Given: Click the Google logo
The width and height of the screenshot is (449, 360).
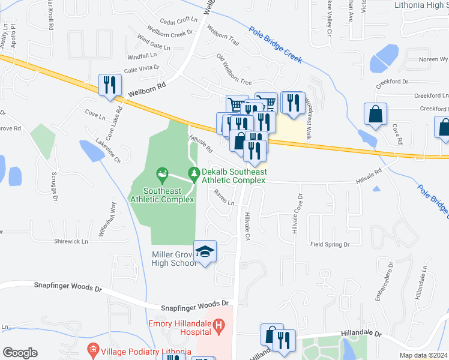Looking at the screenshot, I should coord(20,352).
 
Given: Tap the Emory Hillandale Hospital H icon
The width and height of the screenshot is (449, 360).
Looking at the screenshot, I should coord(218,326).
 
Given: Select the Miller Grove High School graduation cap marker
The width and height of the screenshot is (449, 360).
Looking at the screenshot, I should coord(205,251).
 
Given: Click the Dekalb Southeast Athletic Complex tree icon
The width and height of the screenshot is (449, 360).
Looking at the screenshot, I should coord(193,174).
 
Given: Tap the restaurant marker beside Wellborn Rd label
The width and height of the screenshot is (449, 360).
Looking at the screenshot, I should coord(109,85).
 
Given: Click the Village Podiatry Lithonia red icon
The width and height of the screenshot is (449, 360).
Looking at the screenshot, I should coord(92,349).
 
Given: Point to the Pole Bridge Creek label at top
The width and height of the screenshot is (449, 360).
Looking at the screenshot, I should coord(276,44).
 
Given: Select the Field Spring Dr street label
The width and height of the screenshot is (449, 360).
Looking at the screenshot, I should coord(330,244).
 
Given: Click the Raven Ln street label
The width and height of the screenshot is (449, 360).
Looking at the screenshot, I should coord(224,197).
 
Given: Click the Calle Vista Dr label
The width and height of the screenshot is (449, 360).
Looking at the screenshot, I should coord(142,70).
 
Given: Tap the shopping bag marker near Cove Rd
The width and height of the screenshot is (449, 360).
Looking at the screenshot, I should coord(375,114).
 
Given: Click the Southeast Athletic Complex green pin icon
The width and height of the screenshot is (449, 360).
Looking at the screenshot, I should coord(161,175).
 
